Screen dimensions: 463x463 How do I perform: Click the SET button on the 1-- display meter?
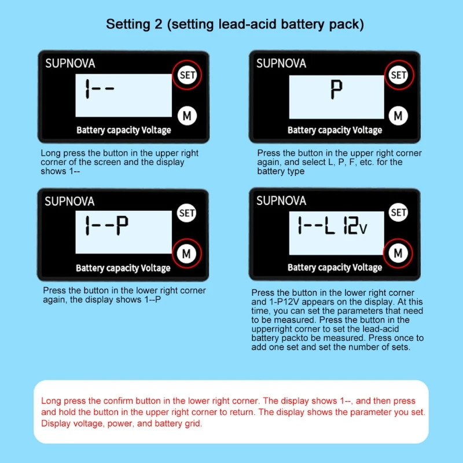[187, 75]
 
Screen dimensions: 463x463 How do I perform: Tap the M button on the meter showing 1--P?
[186, 253]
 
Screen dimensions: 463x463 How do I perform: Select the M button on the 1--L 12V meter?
[398, 253]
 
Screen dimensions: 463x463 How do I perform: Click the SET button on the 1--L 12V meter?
[398, 212]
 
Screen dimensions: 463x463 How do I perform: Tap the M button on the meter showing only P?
[398, 116]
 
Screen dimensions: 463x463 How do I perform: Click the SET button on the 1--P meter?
[186, 213]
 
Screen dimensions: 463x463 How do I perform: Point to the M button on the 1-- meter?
[187, 116]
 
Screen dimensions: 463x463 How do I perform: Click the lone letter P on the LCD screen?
[336, 90]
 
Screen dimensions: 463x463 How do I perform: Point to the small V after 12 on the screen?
[363, 229]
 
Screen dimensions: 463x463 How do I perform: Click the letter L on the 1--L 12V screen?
[330, 225]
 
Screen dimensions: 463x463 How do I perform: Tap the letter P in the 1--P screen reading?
[122, 225]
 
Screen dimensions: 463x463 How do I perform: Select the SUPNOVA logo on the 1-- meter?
[70, 64]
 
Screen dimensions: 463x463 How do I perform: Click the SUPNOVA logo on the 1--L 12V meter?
[281, 201]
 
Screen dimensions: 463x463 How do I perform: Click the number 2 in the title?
[159, 24]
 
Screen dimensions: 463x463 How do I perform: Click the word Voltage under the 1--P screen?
[156, 268]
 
